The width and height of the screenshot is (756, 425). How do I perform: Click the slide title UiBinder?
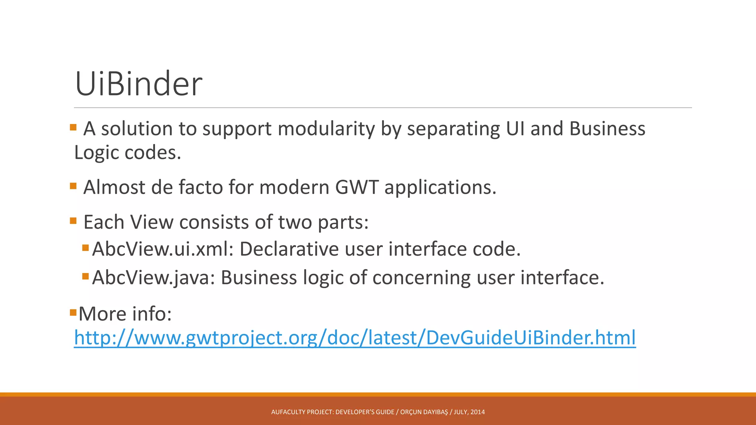point(138,84)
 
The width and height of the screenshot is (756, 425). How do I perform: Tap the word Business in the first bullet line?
point(607,129)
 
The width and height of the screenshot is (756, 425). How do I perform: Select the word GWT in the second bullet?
point(357,187)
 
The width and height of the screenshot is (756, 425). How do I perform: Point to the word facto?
point(200,187)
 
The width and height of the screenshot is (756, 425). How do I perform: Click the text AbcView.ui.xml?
point(162,249)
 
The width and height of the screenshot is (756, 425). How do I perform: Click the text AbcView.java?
point(153,277)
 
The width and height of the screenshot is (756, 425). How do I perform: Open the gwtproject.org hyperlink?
point(354,338)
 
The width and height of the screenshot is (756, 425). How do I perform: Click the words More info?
point(125,314)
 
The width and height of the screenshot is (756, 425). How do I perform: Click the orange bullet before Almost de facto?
point(73,186)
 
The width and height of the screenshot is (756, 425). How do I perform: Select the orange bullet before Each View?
point(73,221)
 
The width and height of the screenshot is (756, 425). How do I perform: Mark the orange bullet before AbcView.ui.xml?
point(86,248)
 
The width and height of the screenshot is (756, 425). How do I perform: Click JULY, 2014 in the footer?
point(469,412)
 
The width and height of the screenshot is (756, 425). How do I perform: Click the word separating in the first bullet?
point(453,129)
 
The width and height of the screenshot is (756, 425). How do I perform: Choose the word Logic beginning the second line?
point(97,153)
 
